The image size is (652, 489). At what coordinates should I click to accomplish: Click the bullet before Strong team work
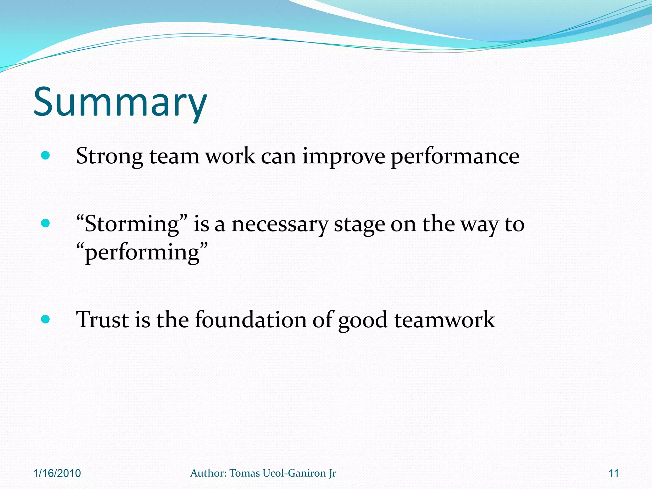[46, 156]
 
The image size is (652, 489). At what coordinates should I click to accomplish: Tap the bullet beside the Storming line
[46, 223]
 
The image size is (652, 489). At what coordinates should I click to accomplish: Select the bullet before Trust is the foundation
[46, 319]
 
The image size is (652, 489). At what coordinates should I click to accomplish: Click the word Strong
[110, 157]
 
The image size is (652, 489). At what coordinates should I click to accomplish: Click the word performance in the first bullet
[455, 157]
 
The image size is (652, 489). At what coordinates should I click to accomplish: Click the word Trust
[102, 320]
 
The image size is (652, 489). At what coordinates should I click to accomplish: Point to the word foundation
[251, 320]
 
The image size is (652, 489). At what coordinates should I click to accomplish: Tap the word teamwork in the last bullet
[444, 320]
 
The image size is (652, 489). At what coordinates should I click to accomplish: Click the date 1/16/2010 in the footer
[57, 473]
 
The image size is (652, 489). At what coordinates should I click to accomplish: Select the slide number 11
[613, 473]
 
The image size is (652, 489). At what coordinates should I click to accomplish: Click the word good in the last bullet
[363, 320]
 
